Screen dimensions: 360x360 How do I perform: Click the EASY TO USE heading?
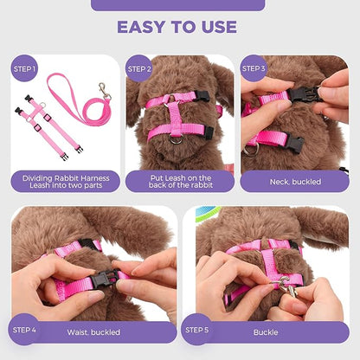coord(179,28)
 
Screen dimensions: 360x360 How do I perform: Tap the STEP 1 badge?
coord(24,67)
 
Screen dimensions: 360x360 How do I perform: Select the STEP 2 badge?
coord(139,67)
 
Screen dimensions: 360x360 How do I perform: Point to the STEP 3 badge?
coord(254,67)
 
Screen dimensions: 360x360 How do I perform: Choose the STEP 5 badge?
coord(197,328)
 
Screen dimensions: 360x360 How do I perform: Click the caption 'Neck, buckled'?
coord(294,182)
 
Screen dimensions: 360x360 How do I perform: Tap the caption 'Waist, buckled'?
coord(93,331)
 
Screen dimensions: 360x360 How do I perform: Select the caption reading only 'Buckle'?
coord(266,331)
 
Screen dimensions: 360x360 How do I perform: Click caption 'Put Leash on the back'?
coord(179,182)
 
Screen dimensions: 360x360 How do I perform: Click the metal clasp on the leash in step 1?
coord(104,90)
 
